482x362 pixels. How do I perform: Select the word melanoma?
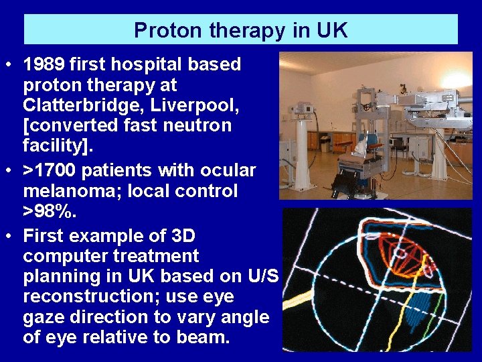coord(70,191)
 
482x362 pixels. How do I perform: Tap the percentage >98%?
coord(50,211)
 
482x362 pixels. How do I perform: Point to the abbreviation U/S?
coord(263,276)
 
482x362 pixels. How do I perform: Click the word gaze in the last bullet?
coord(45,316)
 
